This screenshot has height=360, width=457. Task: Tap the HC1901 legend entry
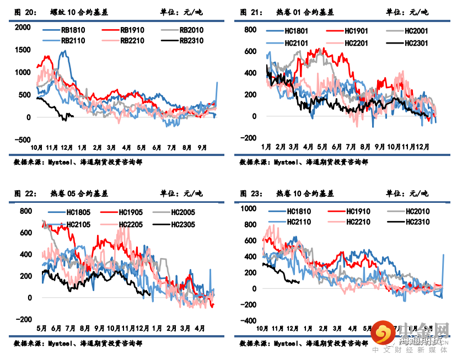coord(356,31)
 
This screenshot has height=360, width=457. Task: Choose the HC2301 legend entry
coord(416,42)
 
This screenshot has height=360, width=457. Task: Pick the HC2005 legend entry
coord(184,212)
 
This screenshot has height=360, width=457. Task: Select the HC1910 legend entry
coord(357,211)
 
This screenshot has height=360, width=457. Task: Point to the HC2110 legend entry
coord(298,222)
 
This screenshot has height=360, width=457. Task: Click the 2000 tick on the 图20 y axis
coord(23,27)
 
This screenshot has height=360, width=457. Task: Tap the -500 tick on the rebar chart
coord(23,140)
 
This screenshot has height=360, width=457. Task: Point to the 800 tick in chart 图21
coord(250,30)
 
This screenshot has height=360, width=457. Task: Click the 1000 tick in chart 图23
coord(248,208)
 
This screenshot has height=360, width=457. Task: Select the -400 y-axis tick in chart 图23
coord(248,321)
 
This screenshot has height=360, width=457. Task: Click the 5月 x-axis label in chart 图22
coord(41,329)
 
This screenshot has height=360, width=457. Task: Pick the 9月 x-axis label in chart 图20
coord(202,147)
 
